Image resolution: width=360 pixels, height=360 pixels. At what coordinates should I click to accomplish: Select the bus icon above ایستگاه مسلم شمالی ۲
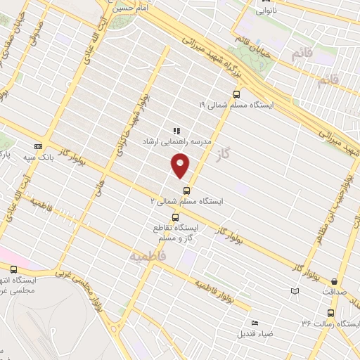tap(186, 190)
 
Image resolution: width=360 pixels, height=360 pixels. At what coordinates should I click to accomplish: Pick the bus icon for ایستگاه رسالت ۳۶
tap(330, 313)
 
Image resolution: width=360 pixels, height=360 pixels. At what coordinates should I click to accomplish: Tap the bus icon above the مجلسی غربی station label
tap(14, 269)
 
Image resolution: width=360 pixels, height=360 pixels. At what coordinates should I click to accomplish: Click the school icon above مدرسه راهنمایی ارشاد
tap(176, 131)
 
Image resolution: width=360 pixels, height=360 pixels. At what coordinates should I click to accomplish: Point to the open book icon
tap(295, 291)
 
